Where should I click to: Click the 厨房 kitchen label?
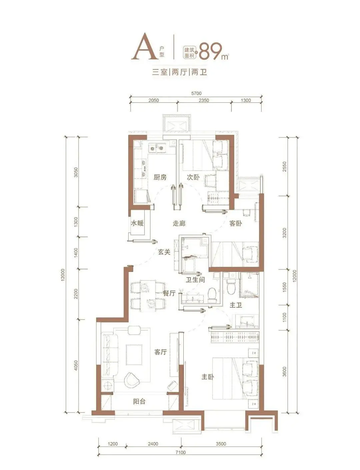click(x=160, y=177)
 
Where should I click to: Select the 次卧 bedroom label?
click(x=193, y=177)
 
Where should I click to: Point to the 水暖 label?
click(x=137, y=223)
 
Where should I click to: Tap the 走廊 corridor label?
click(x=179, y=223)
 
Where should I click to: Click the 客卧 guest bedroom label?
click(x=236, y=223)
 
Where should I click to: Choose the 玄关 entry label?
click(x=164, y=252)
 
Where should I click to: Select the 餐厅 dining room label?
click(x=169, y=294)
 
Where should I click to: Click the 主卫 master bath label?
click(x=236, y=305)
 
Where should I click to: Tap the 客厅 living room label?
click(x=161, y=352)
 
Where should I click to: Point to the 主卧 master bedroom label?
click(x=208, y=377)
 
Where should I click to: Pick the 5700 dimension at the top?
click(x=196, y=93)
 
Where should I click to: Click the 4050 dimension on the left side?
click(x=76, y=366)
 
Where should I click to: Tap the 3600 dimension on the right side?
click(x=284, y=371)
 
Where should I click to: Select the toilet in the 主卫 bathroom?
click(x=231, y=286)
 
